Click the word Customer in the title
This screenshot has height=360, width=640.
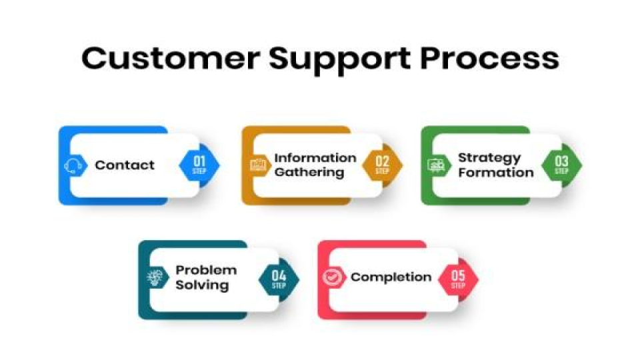(171, 59)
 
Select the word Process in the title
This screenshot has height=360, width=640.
(489, 59)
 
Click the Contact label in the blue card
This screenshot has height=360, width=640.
(125, 165)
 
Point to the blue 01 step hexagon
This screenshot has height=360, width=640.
(199, 165)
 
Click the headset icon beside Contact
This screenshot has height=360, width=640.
(74, 166)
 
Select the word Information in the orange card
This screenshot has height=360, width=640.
(315, 158)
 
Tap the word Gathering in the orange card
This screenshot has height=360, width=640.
(309, 173)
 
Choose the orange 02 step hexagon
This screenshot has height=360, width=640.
(382, 165)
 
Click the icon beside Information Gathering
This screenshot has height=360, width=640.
(258, 165)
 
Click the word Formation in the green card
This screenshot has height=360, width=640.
(495, 173)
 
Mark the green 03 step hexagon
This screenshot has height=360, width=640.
(561, 165)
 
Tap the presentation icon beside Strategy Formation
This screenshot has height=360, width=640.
(436, 165)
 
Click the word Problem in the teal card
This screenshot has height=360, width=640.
(206, 270)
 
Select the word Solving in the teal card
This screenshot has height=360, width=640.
(202, 285)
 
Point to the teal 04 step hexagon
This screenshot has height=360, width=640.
(279, 279)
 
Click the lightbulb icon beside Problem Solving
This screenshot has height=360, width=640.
(155, 278)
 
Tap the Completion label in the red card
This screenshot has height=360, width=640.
(391, 277)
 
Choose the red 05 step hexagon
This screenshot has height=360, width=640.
(458, 279)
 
